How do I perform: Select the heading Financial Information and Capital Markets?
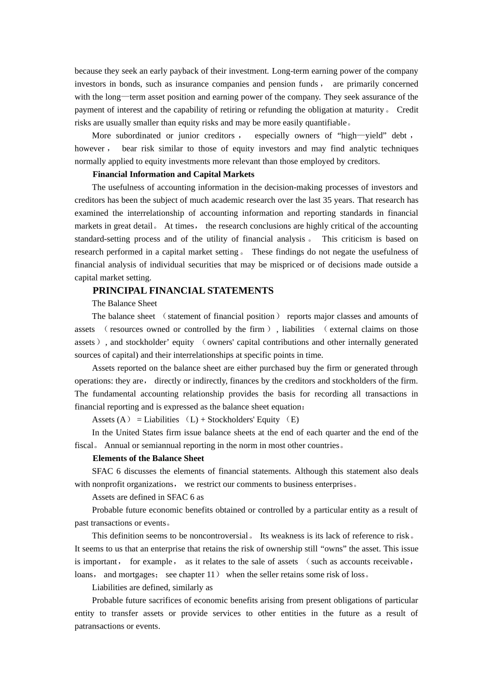pos(173,174)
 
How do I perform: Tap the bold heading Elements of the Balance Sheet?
pos(148,458)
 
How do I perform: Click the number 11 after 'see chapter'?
pos(211,575)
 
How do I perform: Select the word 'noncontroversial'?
pos(218,536)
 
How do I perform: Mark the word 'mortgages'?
pos(137,575)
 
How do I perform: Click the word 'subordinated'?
pos(138,135)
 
